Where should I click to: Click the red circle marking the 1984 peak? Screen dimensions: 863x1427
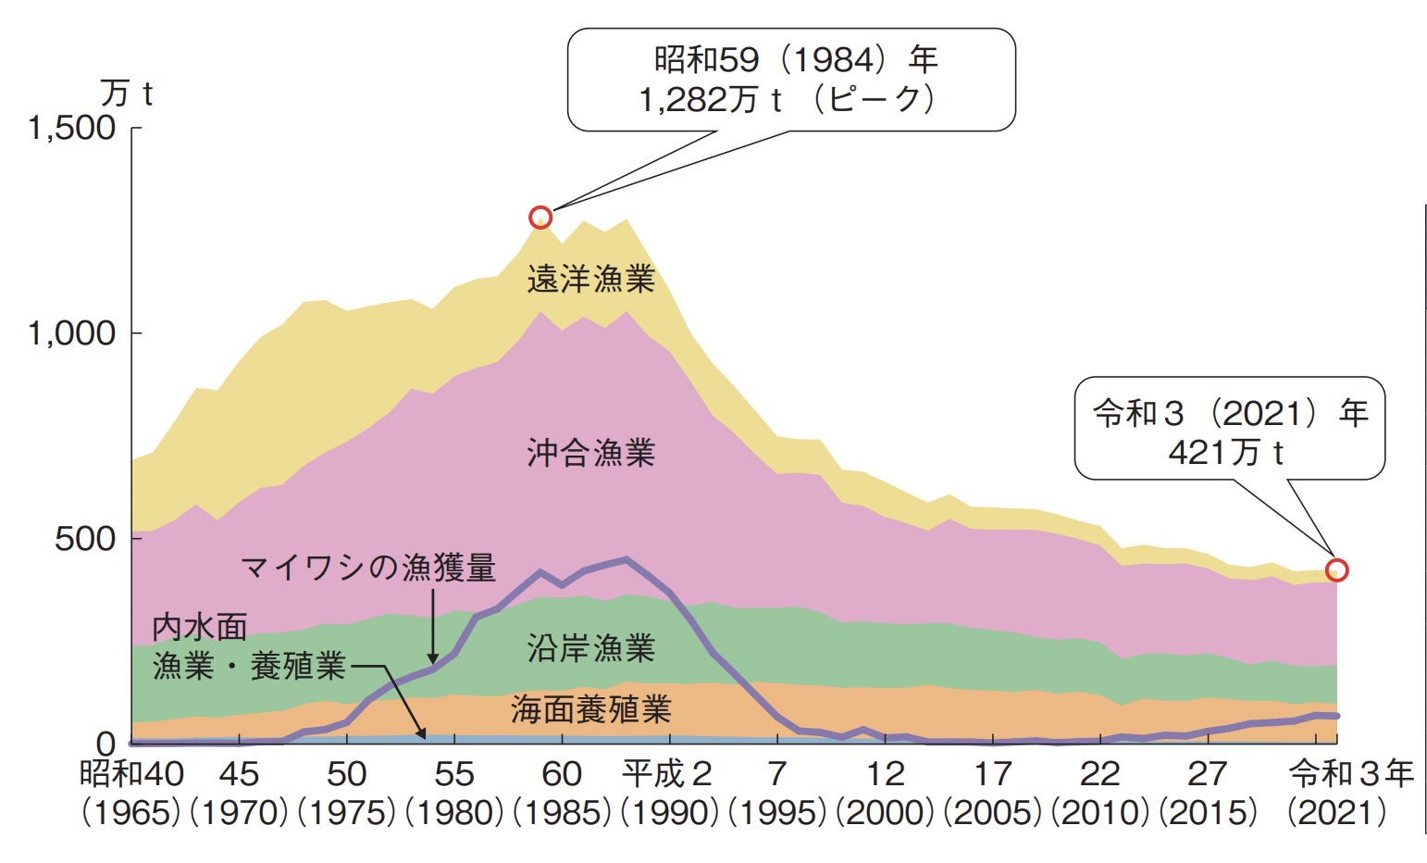(540, 218)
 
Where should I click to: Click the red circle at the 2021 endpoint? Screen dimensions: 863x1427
(1336, 570)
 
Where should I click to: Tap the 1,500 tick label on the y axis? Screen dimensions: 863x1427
(72, 128)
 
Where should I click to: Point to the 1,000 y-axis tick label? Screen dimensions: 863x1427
(72, 333)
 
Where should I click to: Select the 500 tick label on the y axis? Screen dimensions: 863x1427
(85, 539)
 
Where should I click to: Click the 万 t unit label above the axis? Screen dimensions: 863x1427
(126, 94)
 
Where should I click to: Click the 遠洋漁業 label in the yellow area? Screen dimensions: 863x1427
(590, 279)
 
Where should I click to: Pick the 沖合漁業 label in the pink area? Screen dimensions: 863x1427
(590, 453)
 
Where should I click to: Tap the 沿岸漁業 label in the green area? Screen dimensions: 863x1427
(590, 647)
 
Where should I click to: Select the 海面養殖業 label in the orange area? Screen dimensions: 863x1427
(590, 709)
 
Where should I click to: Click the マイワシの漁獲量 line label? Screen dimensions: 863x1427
(368, 567)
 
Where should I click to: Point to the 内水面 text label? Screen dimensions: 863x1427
(200, 627)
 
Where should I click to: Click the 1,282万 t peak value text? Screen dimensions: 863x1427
(711, 100)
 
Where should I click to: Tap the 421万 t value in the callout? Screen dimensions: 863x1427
(1226, 453)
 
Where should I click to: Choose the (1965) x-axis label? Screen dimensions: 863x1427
(130, 813)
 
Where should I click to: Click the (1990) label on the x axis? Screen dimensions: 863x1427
(669, 813)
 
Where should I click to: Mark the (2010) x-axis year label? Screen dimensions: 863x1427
(1100, 813)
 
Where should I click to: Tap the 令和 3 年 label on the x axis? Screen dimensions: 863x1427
(1351, 774)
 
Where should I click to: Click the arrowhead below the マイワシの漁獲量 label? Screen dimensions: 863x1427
(433, 658)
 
